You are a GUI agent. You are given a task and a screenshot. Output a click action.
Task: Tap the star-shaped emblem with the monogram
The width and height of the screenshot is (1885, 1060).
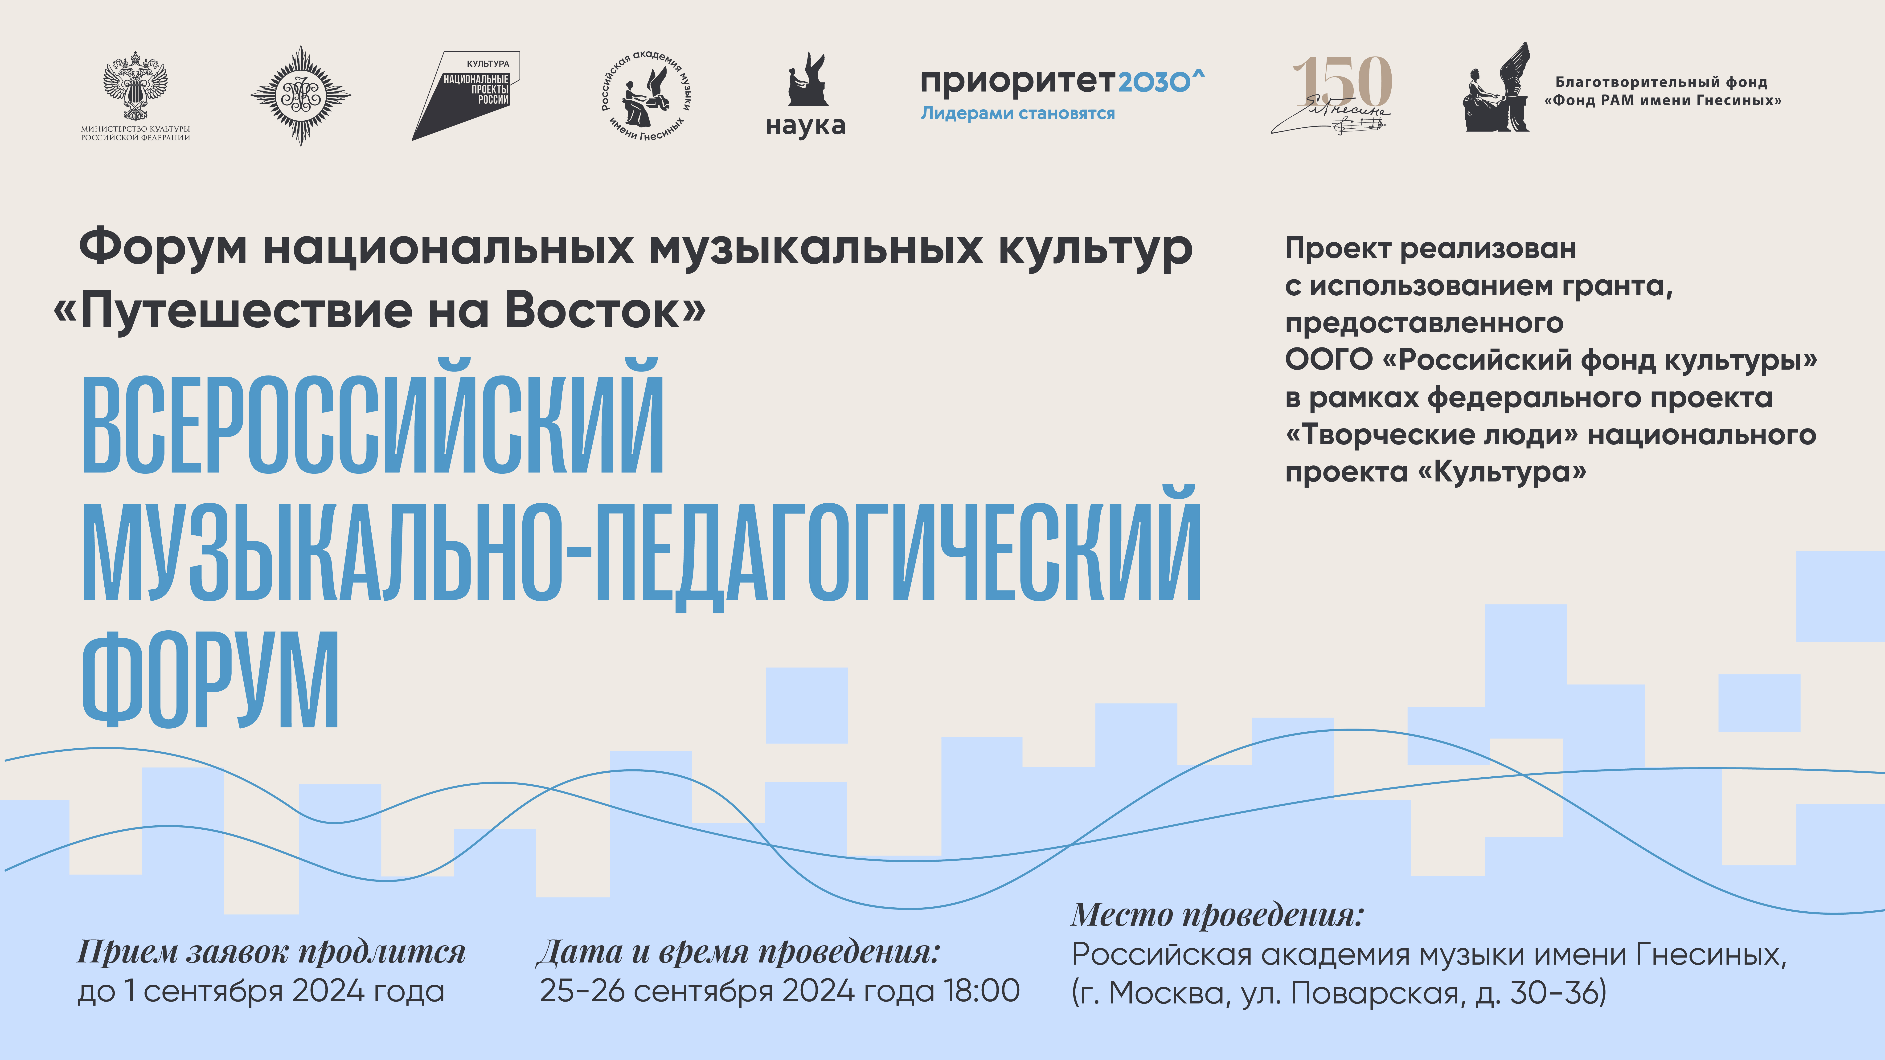click(301, 96)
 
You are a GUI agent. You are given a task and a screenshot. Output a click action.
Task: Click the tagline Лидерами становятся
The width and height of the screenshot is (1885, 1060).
click(1018, 113)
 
